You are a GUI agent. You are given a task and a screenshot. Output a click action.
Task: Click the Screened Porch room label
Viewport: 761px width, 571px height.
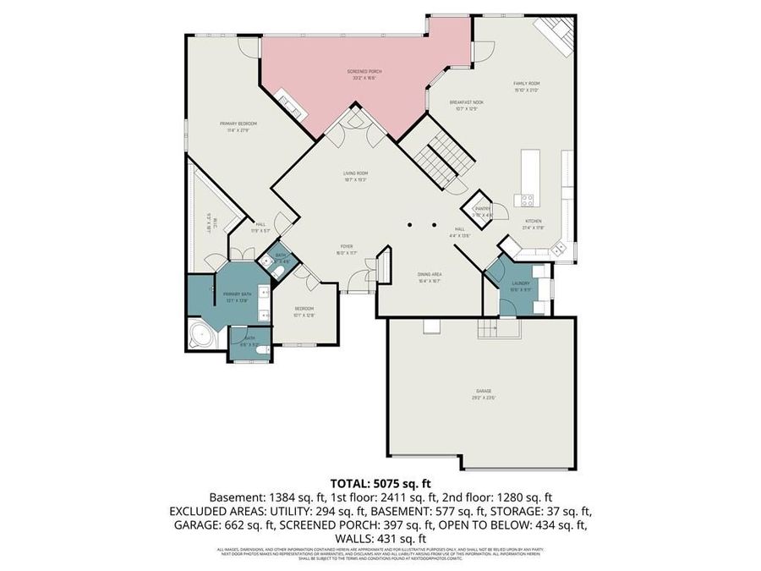(x=364, y=72)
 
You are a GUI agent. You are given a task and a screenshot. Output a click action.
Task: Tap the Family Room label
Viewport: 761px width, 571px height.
(x=526, y=84)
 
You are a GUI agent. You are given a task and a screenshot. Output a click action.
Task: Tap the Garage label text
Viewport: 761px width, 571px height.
(x=483, y=391)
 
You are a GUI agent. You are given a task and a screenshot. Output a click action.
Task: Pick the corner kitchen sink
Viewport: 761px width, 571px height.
(x=558, y=248)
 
